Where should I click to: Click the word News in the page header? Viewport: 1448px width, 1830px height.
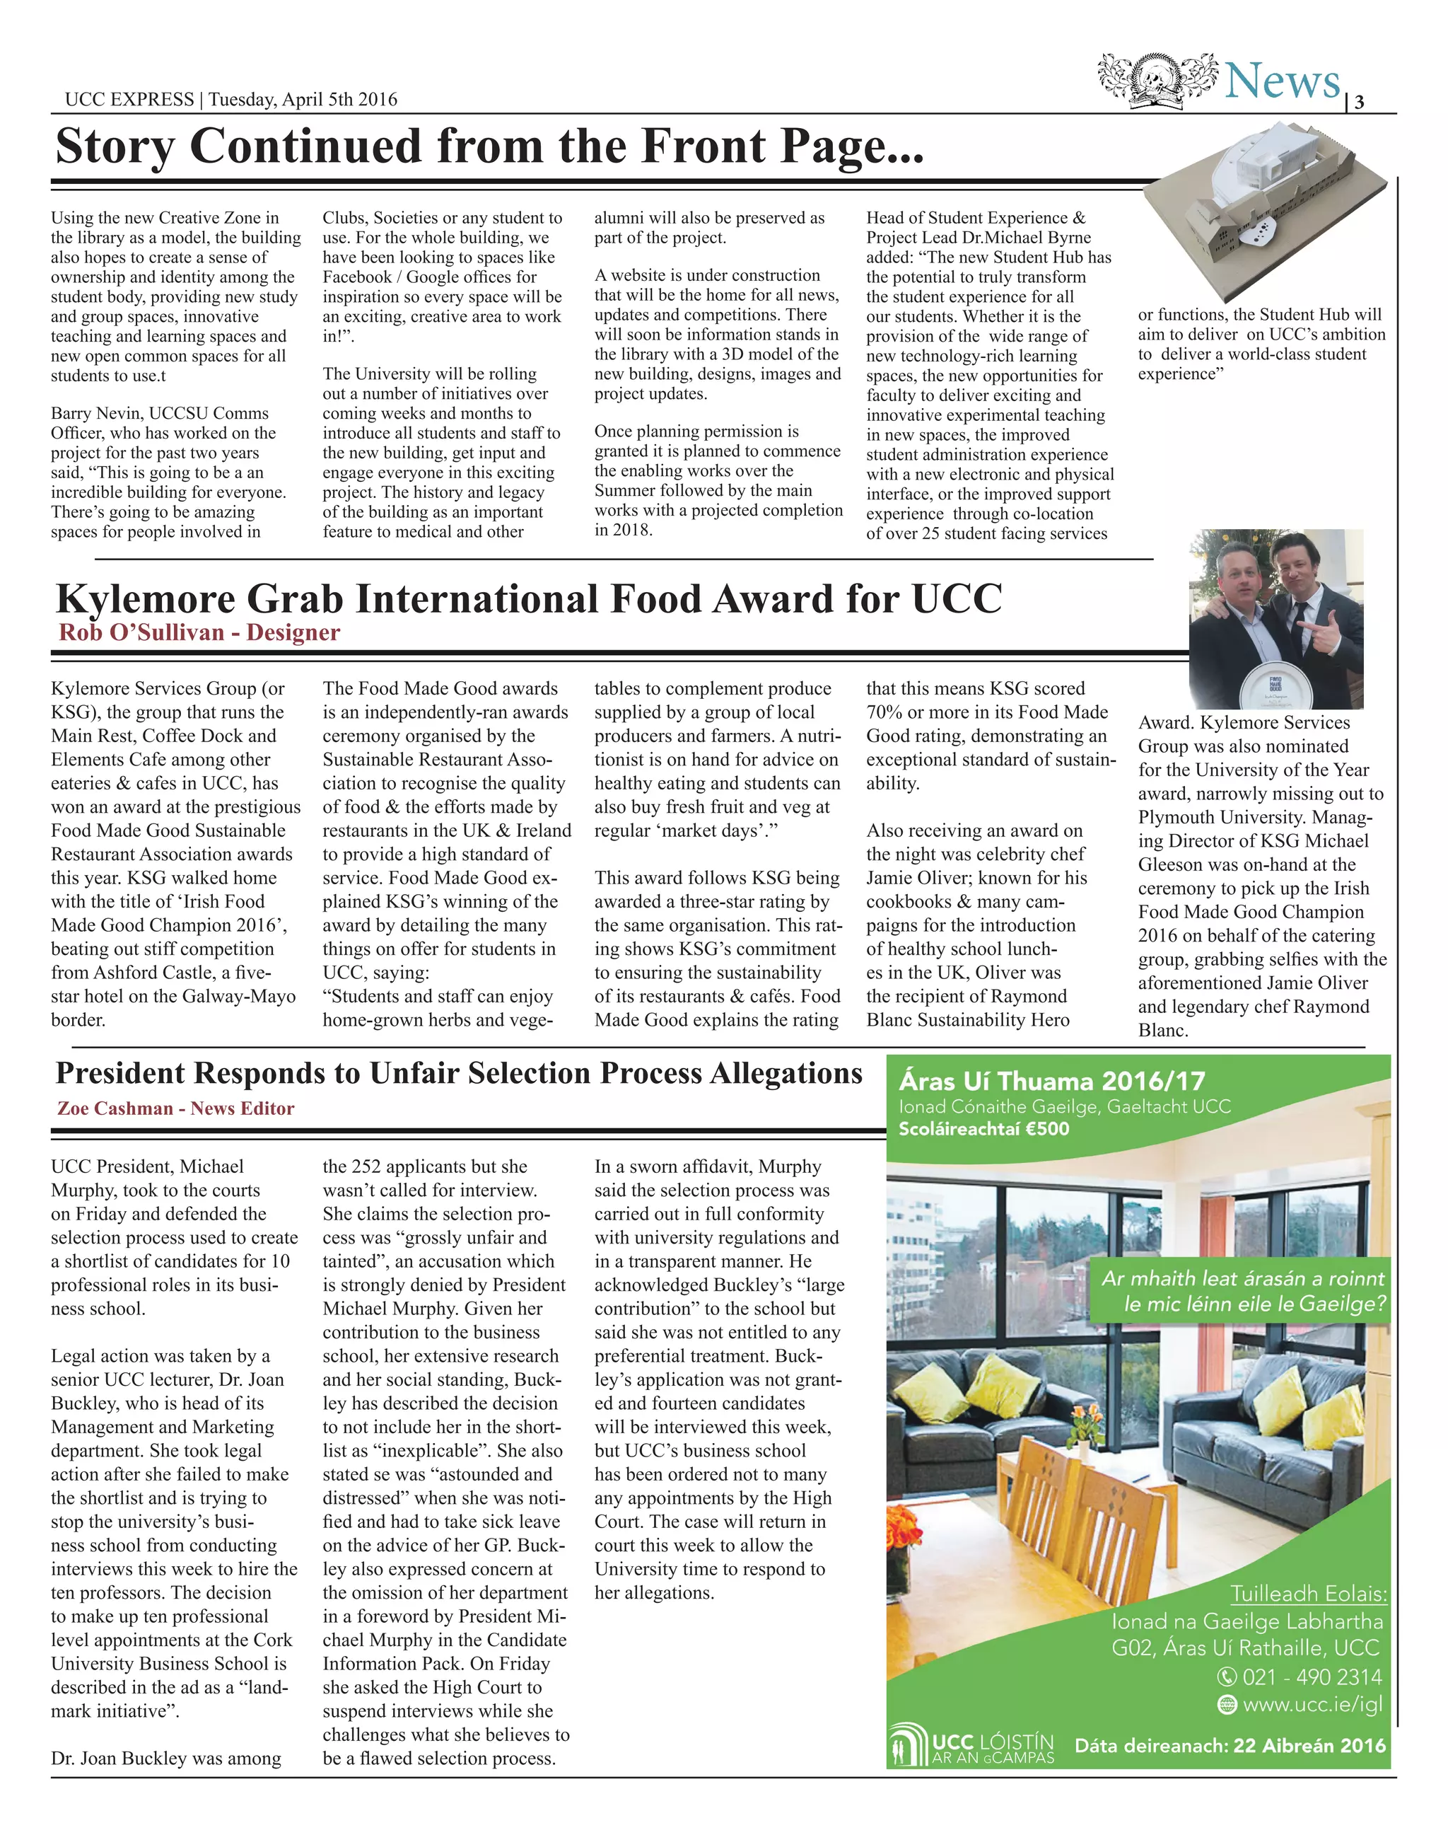[1282, 82]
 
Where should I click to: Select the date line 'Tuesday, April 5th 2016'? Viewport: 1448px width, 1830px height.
[303, 99]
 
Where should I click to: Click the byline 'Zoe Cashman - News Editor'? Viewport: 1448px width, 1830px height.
[175, 1108]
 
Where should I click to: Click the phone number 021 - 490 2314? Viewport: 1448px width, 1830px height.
[1311, 1676]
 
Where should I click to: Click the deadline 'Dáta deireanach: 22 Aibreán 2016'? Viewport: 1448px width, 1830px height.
[1230, 1745]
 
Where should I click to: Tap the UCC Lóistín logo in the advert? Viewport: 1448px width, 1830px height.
[971, 1745]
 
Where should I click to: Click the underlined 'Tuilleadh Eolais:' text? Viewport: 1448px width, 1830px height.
[1308, 1594]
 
